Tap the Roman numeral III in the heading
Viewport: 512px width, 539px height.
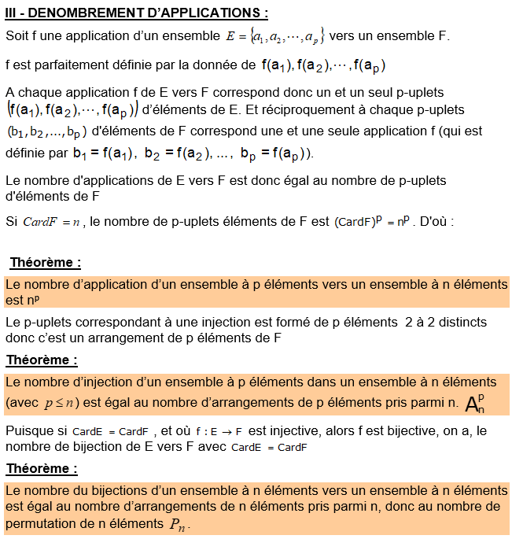tap(13, 13)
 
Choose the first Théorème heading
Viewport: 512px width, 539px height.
tap(45, 262)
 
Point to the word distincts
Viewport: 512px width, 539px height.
tap(459, 322)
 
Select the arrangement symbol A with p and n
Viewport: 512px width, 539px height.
tap(475, 403)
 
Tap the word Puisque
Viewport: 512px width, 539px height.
tap(28, 431)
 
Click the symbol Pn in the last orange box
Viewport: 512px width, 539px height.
tap(179, 525)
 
